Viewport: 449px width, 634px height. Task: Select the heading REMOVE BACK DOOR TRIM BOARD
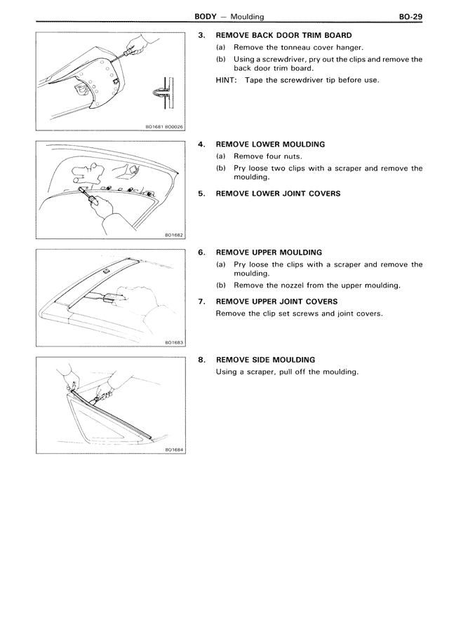pyautogui.click(x=284, y=35)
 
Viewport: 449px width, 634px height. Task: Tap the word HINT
pyautogui.click(x=227, y=80)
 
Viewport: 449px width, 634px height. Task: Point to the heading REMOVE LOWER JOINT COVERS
pyautogui.click(x=278, y=194)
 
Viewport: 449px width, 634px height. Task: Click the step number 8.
pyautogui.click(x=201, y=360)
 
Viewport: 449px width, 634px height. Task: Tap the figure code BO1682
pyautogui.click(x=173, y=235)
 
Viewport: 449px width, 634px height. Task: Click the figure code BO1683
pyautogui.click(x=173, y=342)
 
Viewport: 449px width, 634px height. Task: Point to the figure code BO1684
pyautogui.click(x=173, y=450)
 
